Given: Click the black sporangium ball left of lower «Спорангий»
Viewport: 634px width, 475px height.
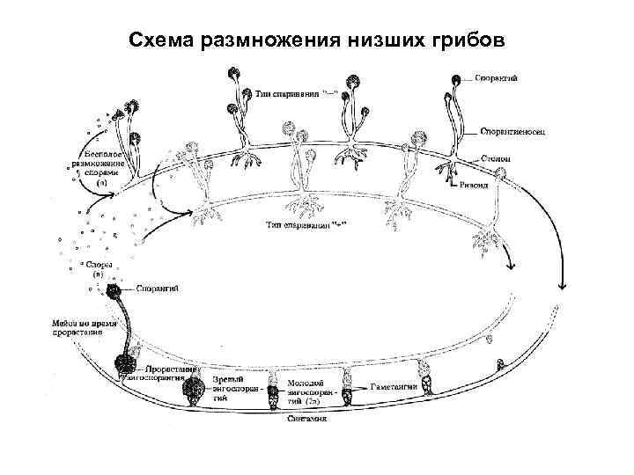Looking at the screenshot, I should pos(114,290).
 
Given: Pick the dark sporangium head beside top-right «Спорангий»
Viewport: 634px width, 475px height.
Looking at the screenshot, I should pos(455,80).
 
